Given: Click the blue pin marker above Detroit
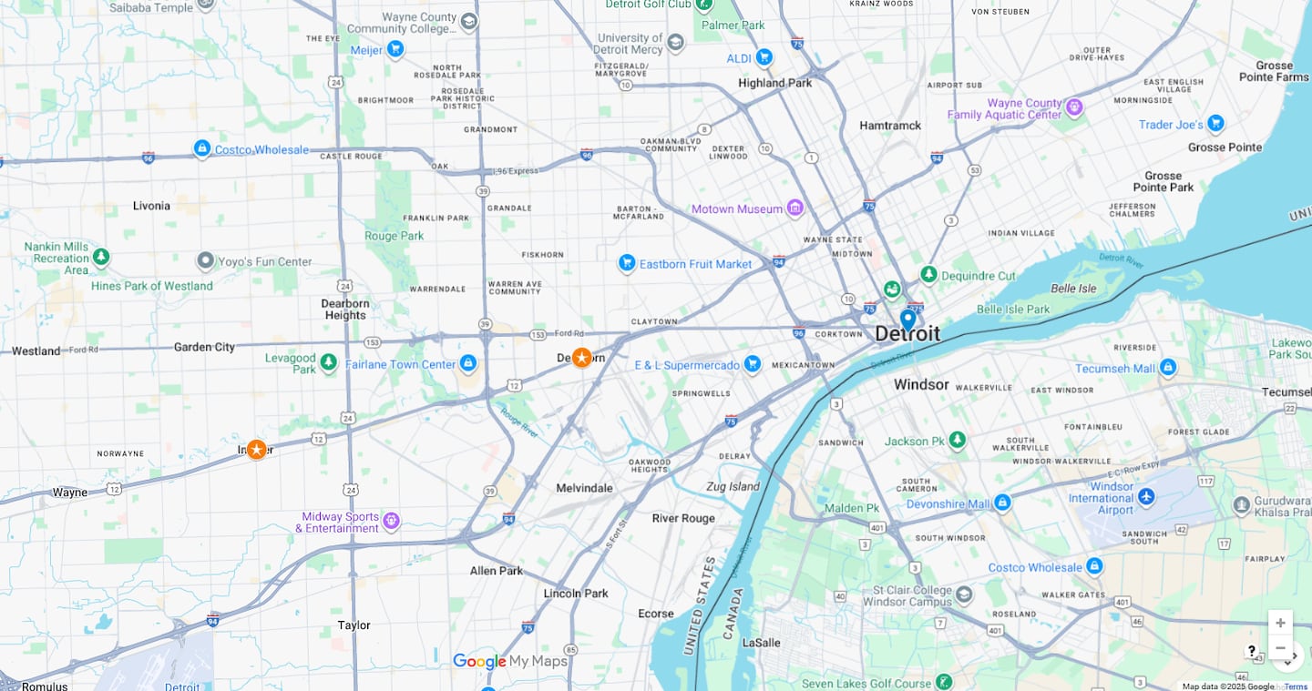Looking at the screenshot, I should (x=907, y=320).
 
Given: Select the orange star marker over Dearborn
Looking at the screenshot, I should (x=581, y=358).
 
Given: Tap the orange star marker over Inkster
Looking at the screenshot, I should (x=257, y=450).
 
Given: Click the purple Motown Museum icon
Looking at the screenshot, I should (x=795, y=208).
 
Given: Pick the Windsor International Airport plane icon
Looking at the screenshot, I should (x=1146, y=497).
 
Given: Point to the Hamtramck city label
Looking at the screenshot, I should (x=890, y=126).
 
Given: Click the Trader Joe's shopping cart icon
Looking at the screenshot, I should (x=1215, y=124).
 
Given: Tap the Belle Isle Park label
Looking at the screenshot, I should (x=1013, y=310).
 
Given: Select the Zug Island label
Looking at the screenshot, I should (x=733, y=486).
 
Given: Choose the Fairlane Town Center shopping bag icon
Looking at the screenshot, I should (x=467, y=364).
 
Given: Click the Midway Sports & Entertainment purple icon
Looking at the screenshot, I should (x=391, y=522).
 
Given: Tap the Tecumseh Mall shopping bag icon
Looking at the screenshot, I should (x=1168, y=368).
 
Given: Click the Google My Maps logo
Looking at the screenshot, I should (x=510, y=662).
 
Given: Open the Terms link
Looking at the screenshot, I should (x=1296, y=686).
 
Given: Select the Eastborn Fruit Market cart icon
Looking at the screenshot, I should (x=626, y=264).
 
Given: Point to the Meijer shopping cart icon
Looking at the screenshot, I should (x=395, y=49).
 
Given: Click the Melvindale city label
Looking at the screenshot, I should (x=584, y=488).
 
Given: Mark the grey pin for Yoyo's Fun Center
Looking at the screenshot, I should (x=205, y=261).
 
